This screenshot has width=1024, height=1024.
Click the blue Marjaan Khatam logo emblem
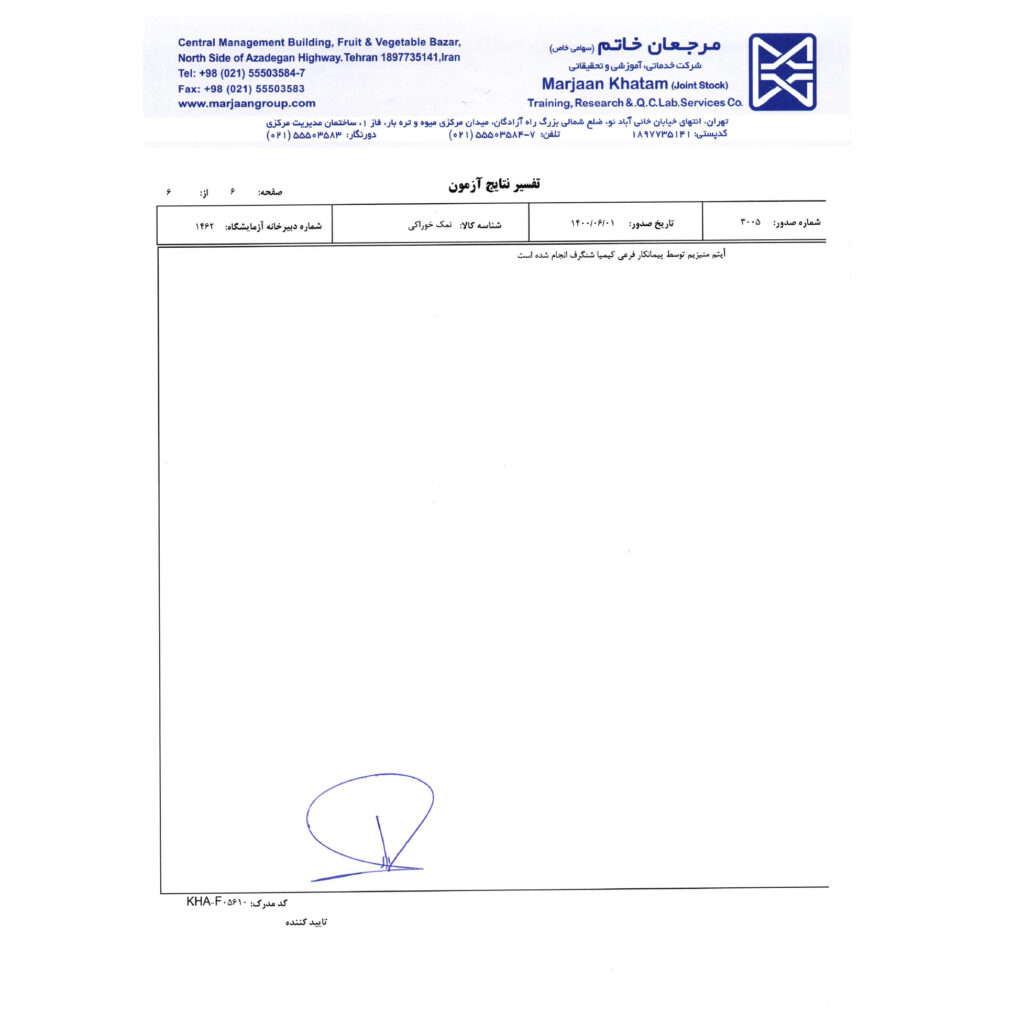tap(782, 71)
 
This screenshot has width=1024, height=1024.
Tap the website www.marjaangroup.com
tap(246, 103)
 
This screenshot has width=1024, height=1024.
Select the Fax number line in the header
tap(241, 88)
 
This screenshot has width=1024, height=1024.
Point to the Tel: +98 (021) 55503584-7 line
tap(241, 73)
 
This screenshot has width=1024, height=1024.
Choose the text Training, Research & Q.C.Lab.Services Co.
tap(635, 103)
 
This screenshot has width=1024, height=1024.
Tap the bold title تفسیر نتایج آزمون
tap(493, 185)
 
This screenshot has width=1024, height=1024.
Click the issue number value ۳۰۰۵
tap(750, 222)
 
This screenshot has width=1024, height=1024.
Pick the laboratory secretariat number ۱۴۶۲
tap(205, 227)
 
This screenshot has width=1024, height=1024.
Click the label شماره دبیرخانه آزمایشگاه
tap(274, 227)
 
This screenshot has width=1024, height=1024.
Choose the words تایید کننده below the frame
tap(306, 922)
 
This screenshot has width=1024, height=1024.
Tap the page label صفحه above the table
tap(270, 191)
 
